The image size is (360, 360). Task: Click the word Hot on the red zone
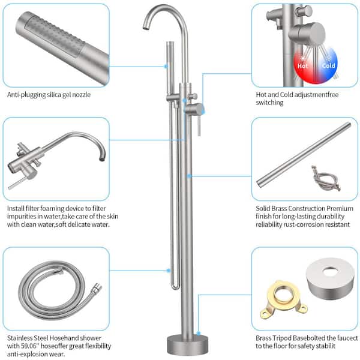(x=302, y=66)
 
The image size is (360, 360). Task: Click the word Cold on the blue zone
(x=328, y=65)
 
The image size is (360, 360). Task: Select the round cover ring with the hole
(x=330, y=278)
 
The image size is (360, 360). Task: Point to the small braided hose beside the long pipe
(x=326, y=178)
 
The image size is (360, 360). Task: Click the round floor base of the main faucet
(x=187, y=344)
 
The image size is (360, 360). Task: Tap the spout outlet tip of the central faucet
(x=145, y=28)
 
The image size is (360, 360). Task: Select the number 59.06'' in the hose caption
(x=27, y=346)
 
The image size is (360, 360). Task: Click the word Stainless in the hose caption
(x=20, y=338)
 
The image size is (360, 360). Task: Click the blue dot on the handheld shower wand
(x=166, y=67)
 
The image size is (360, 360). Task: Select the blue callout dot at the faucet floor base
(x=199, y=333)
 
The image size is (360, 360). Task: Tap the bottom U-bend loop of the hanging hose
(x=175, y=287)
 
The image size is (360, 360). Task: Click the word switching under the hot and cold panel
(x=269, y=103)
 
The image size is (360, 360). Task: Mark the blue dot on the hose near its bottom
(x=169, y=271)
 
